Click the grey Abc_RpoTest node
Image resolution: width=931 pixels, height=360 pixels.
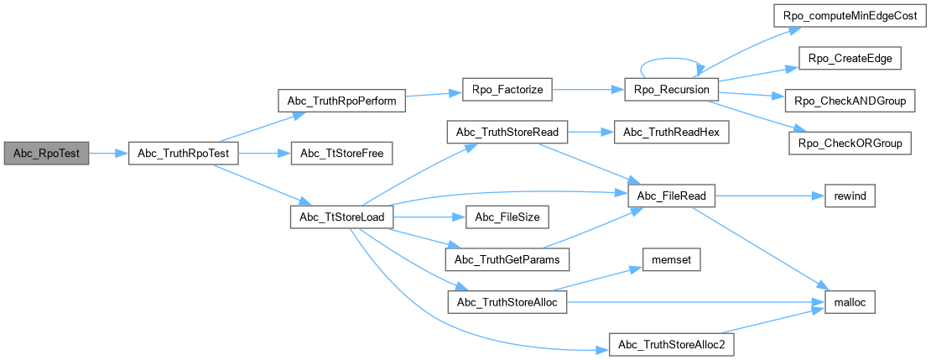click(x=46, y=154)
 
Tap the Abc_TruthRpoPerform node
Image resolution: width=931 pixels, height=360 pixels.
click(x=341, y=99)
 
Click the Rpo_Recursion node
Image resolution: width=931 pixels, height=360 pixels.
click(x=668, y=89)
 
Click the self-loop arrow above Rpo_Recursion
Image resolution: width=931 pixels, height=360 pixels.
click(x=668, y=62)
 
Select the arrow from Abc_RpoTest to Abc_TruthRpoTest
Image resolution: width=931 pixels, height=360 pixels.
click(x=108, y=154)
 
